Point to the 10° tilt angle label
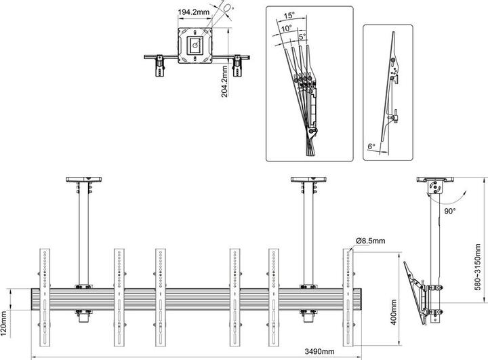click(287, 28)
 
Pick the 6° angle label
click(371, 145)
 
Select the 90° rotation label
click(449, 211)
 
